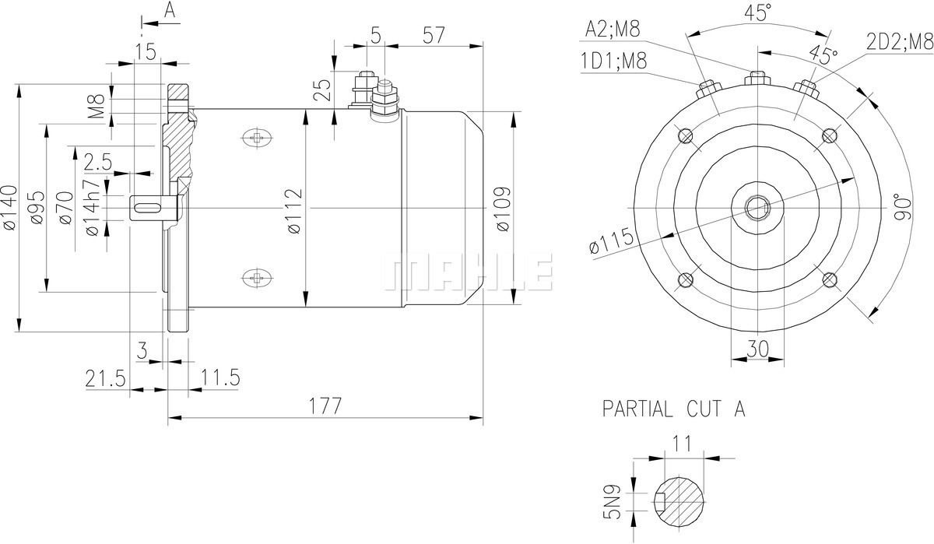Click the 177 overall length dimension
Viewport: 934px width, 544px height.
pyautogui.click(x=325, y=405)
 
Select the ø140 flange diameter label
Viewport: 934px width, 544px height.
pyautogui.click(x=10, y=208)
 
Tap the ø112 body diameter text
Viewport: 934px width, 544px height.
pyautogui.click(x=294, y=211)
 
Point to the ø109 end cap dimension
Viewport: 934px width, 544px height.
pyautogui.click(x=504, y=209)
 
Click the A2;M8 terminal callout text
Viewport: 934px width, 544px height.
pyautogui.click(x=613, y=29)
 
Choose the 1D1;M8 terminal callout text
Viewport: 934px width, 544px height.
pyautogui.click(x=614, y=61)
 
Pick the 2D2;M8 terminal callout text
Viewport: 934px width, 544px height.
pyautogui.click(x=900, y=42)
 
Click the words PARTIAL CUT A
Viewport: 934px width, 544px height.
pyautogui.click(x=674, y=409)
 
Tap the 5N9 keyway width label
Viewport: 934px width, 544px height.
pyautogui.click(x=612, y=501)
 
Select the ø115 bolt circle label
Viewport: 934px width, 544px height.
pyautogui.click(x=611, y=242)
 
